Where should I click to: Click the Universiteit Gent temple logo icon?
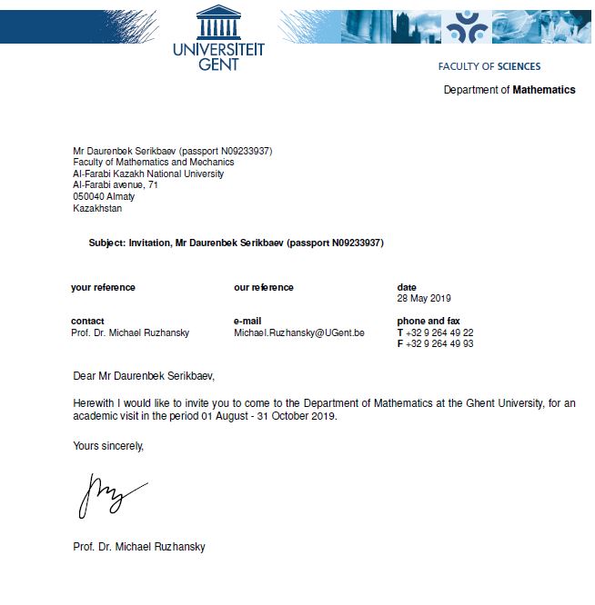[218, 22]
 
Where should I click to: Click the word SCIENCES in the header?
[519, 66]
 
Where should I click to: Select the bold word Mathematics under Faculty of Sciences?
[544, 90]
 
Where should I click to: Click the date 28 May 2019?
[424, 298]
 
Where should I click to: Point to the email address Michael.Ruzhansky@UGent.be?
[299, 333]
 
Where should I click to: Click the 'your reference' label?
[103, 287]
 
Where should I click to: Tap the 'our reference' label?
[264, 287]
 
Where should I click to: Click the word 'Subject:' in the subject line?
[107, 243]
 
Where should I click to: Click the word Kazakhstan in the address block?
[97, 209]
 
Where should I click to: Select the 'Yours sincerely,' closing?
[108, 445]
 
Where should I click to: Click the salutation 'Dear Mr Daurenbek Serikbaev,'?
[144, 375]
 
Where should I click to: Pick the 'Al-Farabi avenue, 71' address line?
[116, 185]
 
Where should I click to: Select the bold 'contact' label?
[87, 322]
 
